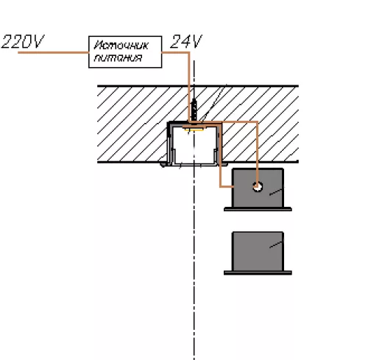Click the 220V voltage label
23,41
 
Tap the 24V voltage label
185,41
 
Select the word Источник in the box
121,46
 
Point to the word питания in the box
118,58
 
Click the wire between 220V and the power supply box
53,52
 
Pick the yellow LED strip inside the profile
194,130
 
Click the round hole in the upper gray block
258,187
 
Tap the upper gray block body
258,188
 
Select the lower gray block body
258,251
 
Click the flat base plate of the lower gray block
258,272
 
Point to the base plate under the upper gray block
258,209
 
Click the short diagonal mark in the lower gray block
276,244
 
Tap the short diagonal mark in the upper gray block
276,191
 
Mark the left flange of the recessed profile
163,164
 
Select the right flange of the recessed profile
224,164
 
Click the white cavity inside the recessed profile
194,146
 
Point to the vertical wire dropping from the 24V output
189,86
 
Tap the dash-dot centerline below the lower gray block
194,317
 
